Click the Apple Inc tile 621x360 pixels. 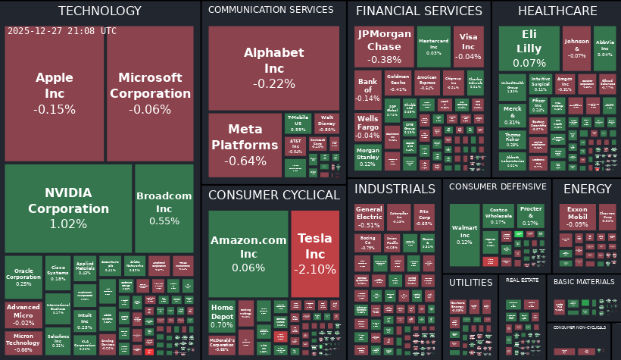pyautogui.click(x=55, y=93)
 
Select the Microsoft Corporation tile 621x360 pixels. pyautogui.click(x=151, y=93)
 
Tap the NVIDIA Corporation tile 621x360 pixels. pyautogui.click(x=68, y=208)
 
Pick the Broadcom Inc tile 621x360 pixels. pyautogui.click(x=164, y=208)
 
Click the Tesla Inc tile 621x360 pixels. pyautogui.click(x=315, y=253)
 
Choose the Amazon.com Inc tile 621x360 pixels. pyautogui.click(x=248, y=253)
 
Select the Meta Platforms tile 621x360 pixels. pyautogui.click(x=244, y=145)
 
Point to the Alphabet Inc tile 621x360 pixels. pyautogui.click(x=274, y=67)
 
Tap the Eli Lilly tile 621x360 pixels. pyautogui.click(x=529, y=47)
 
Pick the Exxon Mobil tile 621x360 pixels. pyautogui.click(x=577, y=217)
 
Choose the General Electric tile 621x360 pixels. pyautogui.click(x=369, y=217)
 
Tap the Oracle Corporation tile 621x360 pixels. pyautogui.click(x=23, y=277)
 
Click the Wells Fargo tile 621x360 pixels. pyautogui.click(x=368, y=127)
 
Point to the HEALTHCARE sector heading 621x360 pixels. pyautogui.click(x=556, y=11)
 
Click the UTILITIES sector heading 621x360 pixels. pyautogui.click(x=470, y=283)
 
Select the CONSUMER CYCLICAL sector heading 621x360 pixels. pyautogui.click(x=273, y=196)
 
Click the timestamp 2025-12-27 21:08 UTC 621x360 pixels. pyautogui.click(x=62, y=31)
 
